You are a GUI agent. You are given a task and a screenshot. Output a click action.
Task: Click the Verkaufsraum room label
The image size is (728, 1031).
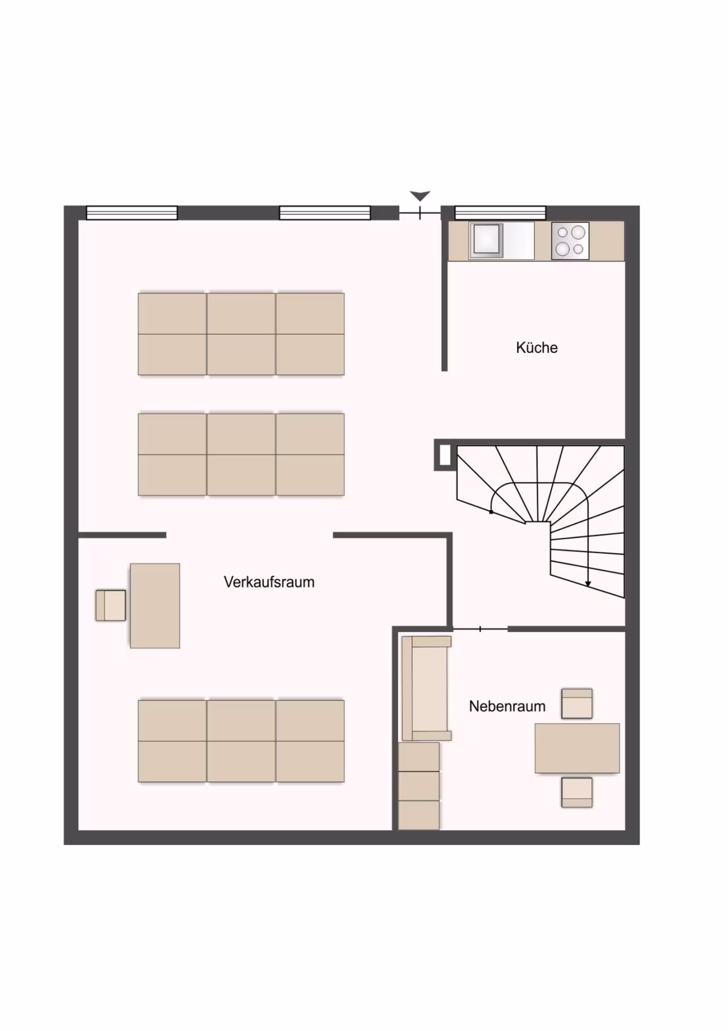click(269, 582)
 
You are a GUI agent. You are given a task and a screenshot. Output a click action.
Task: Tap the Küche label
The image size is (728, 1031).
click(537, 347)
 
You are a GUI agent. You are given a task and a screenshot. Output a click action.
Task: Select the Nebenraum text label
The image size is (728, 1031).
click(507, 706)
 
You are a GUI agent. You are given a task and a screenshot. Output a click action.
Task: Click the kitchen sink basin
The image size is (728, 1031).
click(486, 240)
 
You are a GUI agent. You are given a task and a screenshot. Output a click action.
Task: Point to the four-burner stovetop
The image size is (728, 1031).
click(570, 240)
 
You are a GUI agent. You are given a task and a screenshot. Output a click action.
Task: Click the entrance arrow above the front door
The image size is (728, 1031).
click(420, 196)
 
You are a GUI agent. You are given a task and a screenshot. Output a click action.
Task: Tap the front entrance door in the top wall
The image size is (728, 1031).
click(420, 213)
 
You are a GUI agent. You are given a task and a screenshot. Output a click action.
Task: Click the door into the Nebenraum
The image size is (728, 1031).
click(480, 628)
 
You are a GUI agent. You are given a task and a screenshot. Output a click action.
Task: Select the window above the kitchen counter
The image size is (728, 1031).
click(500, 213)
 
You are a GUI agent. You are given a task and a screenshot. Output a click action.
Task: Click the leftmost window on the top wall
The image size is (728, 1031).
click(132, 213)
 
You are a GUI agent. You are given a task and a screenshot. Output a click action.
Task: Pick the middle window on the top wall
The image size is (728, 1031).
click(325, 213)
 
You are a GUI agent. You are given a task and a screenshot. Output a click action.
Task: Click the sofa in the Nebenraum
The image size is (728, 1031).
click(426, 689)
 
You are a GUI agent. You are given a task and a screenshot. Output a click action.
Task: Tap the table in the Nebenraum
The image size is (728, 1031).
click(577, 748)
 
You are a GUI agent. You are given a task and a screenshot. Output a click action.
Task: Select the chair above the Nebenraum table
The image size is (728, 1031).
click(577, 703)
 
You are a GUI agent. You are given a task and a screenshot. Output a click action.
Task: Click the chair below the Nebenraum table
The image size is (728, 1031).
click(577, 792)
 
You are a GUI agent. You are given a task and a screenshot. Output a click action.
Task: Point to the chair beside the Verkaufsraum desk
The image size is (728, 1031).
click(111, 605)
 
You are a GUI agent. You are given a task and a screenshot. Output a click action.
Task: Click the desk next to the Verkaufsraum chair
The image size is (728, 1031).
click(155, 606)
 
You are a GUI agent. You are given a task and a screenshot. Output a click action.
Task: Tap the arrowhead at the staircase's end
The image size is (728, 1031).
click(588, 584)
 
